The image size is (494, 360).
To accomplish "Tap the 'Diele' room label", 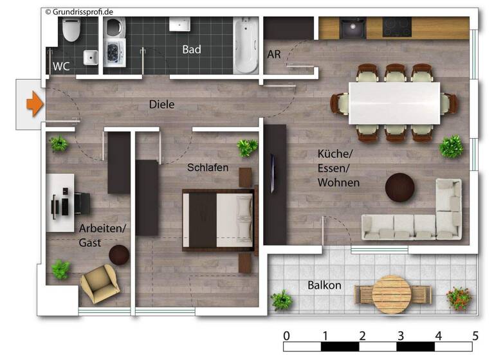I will tap(161, 104).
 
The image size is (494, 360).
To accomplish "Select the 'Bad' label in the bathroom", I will tap(192, 50).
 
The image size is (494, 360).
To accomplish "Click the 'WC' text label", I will tap(61, 66).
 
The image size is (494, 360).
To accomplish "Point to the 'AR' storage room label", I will tap(274, 54).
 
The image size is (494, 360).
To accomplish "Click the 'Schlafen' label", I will tap(208, 167).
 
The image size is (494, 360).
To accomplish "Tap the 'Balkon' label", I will tap(324, 285).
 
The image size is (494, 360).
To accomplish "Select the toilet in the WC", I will tap(71, 30).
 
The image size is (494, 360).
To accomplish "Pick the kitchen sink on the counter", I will tap(352, 28).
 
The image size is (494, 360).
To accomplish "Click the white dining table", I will tap(394, 103).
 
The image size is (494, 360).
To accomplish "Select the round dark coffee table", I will tap(399, 188).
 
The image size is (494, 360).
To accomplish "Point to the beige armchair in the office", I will tap(98, 283).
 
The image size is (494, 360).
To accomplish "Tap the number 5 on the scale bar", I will tap(475, 336).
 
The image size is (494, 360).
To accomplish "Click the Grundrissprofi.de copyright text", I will tap(80, 12).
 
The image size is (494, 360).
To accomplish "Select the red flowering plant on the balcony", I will tap(458, 298).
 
